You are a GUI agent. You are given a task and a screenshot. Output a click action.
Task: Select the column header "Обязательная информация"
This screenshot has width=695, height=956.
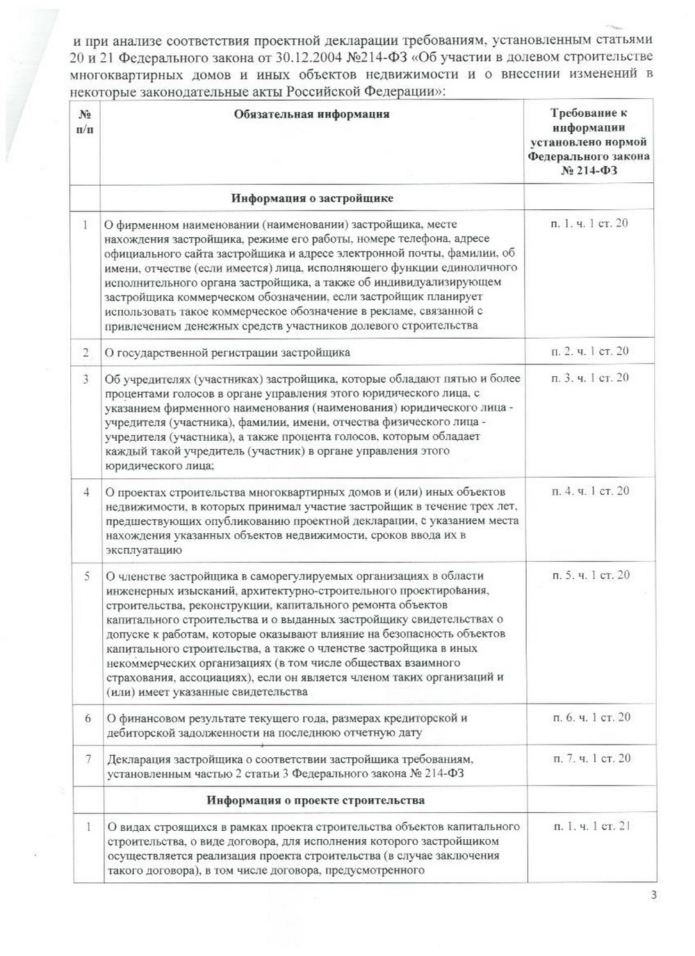311,114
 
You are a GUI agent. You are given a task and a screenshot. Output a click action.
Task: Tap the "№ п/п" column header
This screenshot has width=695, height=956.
85,122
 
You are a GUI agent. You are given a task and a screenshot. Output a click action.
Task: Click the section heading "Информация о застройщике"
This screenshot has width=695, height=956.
312,198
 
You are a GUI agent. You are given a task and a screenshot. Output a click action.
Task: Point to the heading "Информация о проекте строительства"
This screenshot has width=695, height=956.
316,800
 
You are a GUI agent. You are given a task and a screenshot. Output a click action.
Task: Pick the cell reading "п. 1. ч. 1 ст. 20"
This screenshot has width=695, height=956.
589,223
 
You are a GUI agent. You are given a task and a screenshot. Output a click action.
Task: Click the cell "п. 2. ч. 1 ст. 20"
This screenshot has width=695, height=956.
589,351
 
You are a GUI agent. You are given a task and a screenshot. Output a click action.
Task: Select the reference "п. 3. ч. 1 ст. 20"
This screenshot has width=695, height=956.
589,378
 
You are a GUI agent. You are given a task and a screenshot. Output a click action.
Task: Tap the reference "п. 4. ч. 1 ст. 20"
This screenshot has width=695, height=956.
590,491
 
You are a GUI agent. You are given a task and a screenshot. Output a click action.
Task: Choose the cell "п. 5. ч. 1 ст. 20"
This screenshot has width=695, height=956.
591,575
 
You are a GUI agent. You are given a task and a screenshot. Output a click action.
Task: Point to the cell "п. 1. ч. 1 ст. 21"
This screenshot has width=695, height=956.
592,826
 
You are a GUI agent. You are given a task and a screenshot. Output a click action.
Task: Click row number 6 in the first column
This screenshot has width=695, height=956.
88,718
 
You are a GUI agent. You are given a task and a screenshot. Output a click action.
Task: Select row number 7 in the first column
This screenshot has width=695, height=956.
88,759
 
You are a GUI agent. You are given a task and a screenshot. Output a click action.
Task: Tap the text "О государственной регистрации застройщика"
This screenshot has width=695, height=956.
227,353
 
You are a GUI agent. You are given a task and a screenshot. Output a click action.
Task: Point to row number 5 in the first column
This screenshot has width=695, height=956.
87,576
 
